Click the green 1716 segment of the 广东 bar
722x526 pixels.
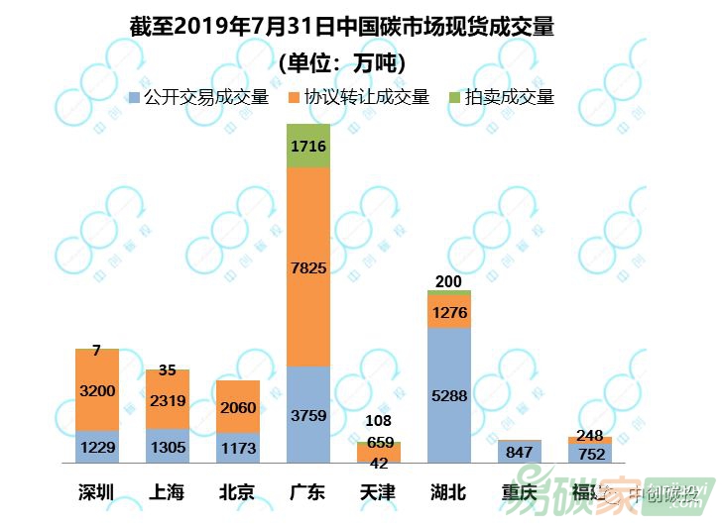click(308, 146)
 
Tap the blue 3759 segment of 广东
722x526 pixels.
click(308, 415)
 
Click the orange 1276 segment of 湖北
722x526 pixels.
click(448, 312)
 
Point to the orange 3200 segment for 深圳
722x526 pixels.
click(97, 390)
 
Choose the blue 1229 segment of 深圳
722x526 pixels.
click(97, 447)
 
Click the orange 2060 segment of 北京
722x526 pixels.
click(238, 406)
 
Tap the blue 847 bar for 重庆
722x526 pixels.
click(519, 453)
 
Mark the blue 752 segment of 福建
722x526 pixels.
click(589, 453)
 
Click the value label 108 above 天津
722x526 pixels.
click(378, 422)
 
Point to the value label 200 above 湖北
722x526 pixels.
click(448, 282)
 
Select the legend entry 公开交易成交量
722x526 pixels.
click(198, 97)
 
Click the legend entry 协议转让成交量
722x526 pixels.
click(358, 97)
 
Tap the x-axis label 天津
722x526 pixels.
click(378, 491)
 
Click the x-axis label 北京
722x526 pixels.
click(238, 491)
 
